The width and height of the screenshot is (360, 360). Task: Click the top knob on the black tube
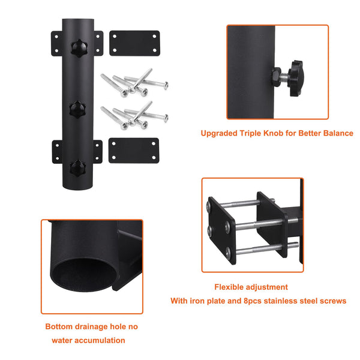(x=78, y=47)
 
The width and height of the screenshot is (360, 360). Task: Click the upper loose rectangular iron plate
(x=134, y=43)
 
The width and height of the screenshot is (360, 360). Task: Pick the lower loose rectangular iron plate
(x=134, y=151)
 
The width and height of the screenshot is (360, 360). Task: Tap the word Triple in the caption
(x=254, y=133)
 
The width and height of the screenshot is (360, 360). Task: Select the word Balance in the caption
(x=337, y=133)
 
